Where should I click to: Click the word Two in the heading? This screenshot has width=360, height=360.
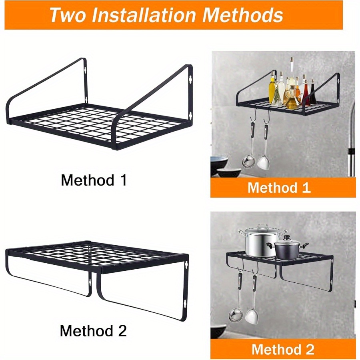[67, 15]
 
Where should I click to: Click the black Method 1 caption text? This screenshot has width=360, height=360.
[94, 180]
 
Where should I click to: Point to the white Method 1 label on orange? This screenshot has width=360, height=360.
[279, 187]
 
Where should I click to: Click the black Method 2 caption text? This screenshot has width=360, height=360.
[93, 331]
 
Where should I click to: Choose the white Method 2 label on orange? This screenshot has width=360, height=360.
[283, 349]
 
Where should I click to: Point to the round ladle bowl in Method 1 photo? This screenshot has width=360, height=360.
[248, 161]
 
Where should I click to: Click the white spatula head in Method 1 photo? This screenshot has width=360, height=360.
[263, 162]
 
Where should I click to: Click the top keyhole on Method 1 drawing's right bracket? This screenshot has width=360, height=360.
[190, 79]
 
